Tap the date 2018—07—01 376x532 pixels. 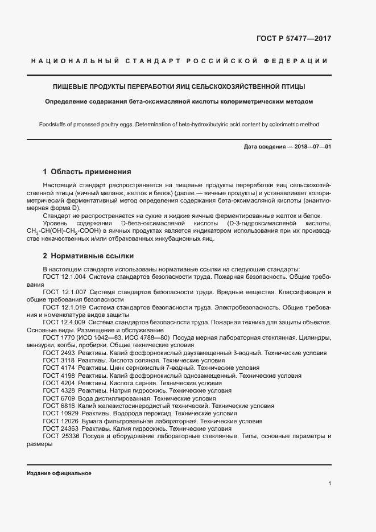pos(311,147)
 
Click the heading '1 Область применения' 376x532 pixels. pos(87,171)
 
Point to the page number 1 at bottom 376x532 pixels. pos(330,484)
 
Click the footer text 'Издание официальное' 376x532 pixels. pos(59,473)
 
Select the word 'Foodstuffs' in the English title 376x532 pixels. pos(53,124)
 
